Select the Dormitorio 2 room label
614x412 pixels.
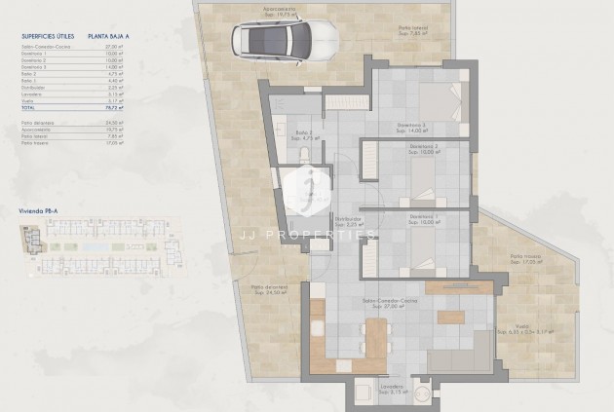423,150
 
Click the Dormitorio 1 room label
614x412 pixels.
423,219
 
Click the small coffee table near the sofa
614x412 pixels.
450,317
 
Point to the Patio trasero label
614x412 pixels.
525,259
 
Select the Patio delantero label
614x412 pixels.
269,289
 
